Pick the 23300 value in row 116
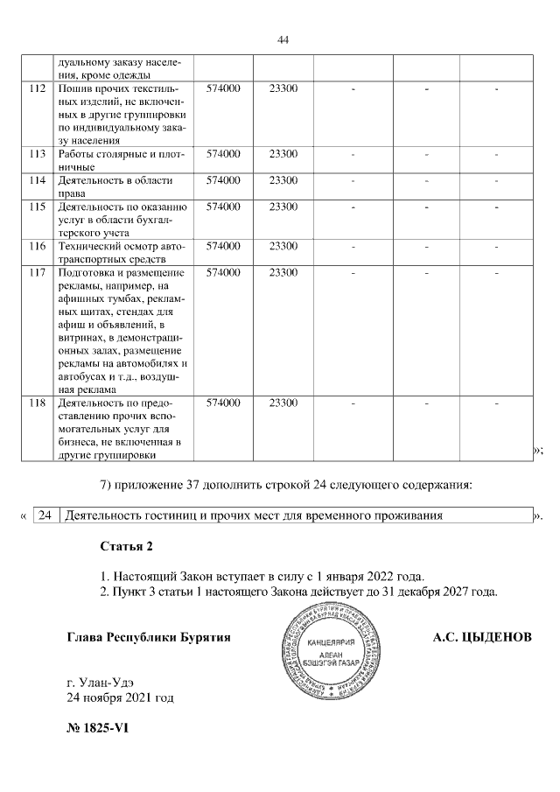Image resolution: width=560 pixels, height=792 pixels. (x=283, y=246)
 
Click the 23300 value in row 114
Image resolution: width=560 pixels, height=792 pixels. (x=283, y=180)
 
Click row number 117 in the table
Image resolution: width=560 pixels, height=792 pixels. (x=37, y=272)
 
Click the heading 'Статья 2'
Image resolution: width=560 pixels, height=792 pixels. (x=127, y=547)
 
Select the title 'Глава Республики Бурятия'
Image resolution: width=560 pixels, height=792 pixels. (x=149, y=638)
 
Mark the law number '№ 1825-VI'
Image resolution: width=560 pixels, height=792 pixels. (x=98, y=730)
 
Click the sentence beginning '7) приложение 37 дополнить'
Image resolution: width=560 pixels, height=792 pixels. (x=286, y=485)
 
